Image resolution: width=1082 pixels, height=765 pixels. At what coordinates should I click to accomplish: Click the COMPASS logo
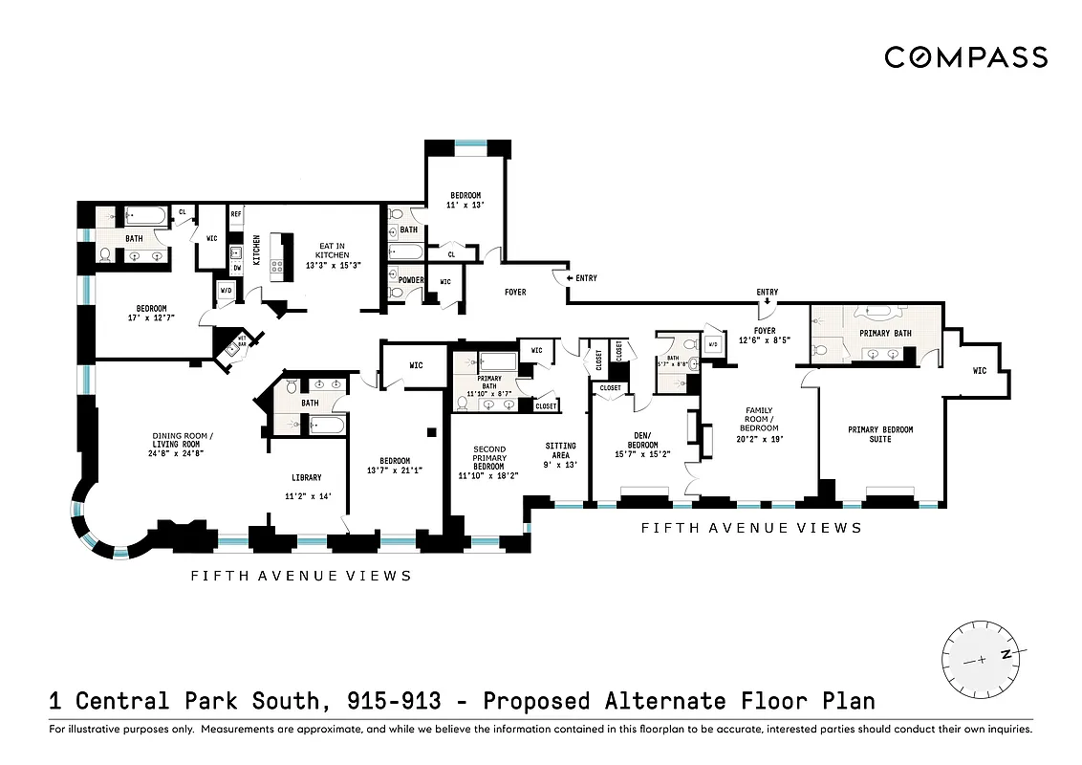point(965,57)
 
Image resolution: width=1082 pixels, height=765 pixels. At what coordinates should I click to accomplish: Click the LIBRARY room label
point(307,477)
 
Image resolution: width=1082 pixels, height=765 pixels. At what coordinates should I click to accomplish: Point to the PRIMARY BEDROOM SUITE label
point(880,434)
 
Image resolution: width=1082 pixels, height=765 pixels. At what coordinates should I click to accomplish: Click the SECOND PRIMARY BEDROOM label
point(488,461)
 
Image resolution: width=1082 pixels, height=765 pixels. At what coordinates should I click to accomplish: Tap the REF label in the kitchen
point(236,214)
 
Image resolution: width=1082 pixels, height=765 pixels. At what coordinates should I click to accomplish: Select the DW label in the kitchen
point(236,270)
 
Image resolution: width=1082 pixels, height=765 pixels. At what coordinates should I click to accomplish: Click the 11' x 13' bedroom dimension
point(466,206)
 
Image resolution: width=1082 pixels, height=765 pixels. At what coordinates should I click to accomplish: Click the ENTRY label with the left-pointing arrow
point(585,278)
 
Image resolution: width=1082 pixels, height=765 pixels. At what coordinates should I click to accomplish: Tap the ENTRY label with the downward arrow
point(767,292)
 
